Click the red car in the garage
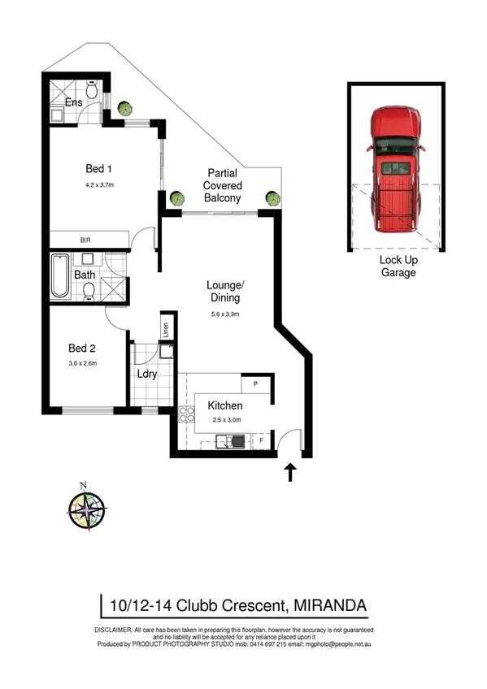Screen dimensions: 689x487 pos(396,175)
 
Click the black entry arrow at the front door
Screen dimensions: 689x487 pos(290,472)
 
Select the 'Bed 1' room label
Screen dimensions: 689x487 pos(98,169)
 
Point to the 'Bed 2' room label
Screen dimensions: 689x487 pos(81,347)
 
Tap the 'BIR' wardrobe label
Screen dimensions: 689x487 pos(85,240)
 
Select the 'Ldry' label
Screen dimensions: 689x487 pos(147,375)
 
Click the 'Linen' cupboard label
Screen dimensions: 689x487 pos(165,330)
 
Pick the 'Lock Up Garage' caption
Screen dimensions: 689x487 pos(398,266)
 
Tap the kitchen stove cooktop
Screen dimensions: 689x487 pos(185,420)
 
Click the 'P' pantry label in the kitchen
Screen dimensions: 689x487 pos(255,383)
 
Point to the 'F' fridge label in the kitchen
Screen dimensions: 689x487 pos(260,442)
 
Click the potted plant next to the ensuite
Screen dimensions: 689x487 pos(125,108)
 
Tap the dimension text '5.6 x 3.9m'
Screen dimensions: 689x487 pos(225,314)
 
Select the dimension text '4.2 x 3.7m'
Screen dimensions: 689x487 pos(99,185)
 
